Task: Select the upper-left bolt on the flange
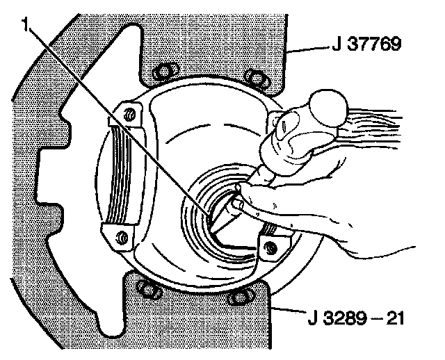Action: coord(165,69)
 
